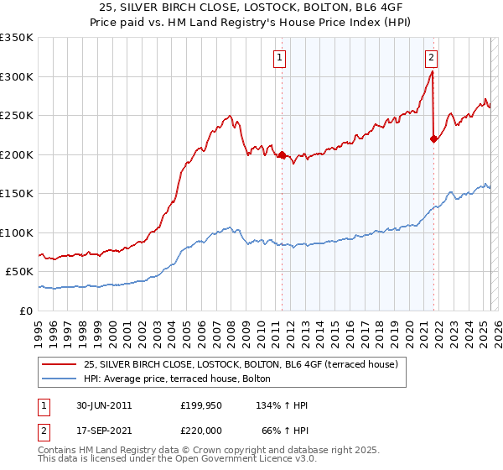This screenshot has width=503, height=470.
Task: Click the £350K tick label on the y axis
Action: coord(17,38)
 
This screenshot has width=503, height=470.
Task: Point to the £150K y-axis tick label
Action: coord(17,193)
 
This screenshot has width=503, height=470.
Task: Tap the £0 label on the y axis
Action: coord(25,311)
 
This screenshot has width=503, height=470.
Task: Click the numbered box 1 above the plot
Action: coord(279,58)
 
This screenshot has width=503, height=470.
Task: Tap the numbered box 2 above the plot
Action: coord(431,58)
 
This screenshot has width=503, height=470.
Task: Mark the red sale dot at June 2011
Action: coord(282,155)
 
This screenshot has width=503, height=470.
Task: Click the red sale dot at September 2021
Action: coord(433,139)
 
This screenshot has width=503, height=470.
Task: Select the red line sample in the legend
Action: coord(60,364)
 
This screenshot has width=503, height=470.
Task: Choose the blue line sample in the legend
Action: coord(60,379)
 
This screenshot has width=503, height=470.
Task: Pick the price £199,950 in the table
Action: coord(201,405)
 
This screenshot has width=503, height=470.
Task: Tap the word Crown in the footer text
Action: coord(226,451)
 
